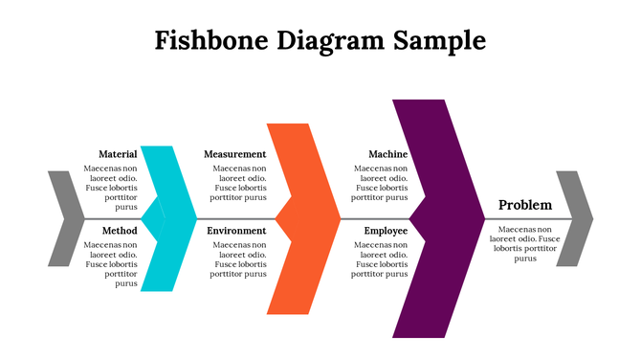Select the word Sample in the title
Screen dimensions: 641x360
439,41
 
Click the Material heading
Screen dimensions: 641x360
118,154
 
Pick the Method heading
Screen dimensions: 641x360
119,232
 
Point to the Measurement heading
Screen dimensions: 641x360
235,154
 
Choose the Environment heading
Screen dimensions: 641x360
236,232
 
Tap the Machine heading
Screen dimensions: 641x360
387,154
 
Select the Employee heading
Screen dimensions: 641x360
386,232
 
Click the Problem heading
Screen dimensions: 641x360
525,205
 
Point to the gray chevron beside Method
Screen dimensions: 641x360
61,218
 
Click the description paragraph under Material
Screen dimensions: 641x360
113,188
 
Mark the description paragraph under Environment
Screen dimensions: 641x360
238,259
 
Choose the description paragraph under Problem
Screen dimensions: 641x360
525,243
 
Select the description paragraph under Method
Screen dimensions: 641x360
113,264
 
